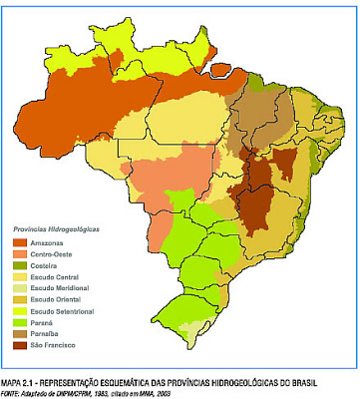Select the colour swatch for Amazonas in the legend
point(20,242)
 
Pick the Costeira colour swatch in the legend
point(20,265)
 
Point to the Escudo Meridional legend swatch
point(20,287)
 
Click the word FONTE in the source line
point(12,392)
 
